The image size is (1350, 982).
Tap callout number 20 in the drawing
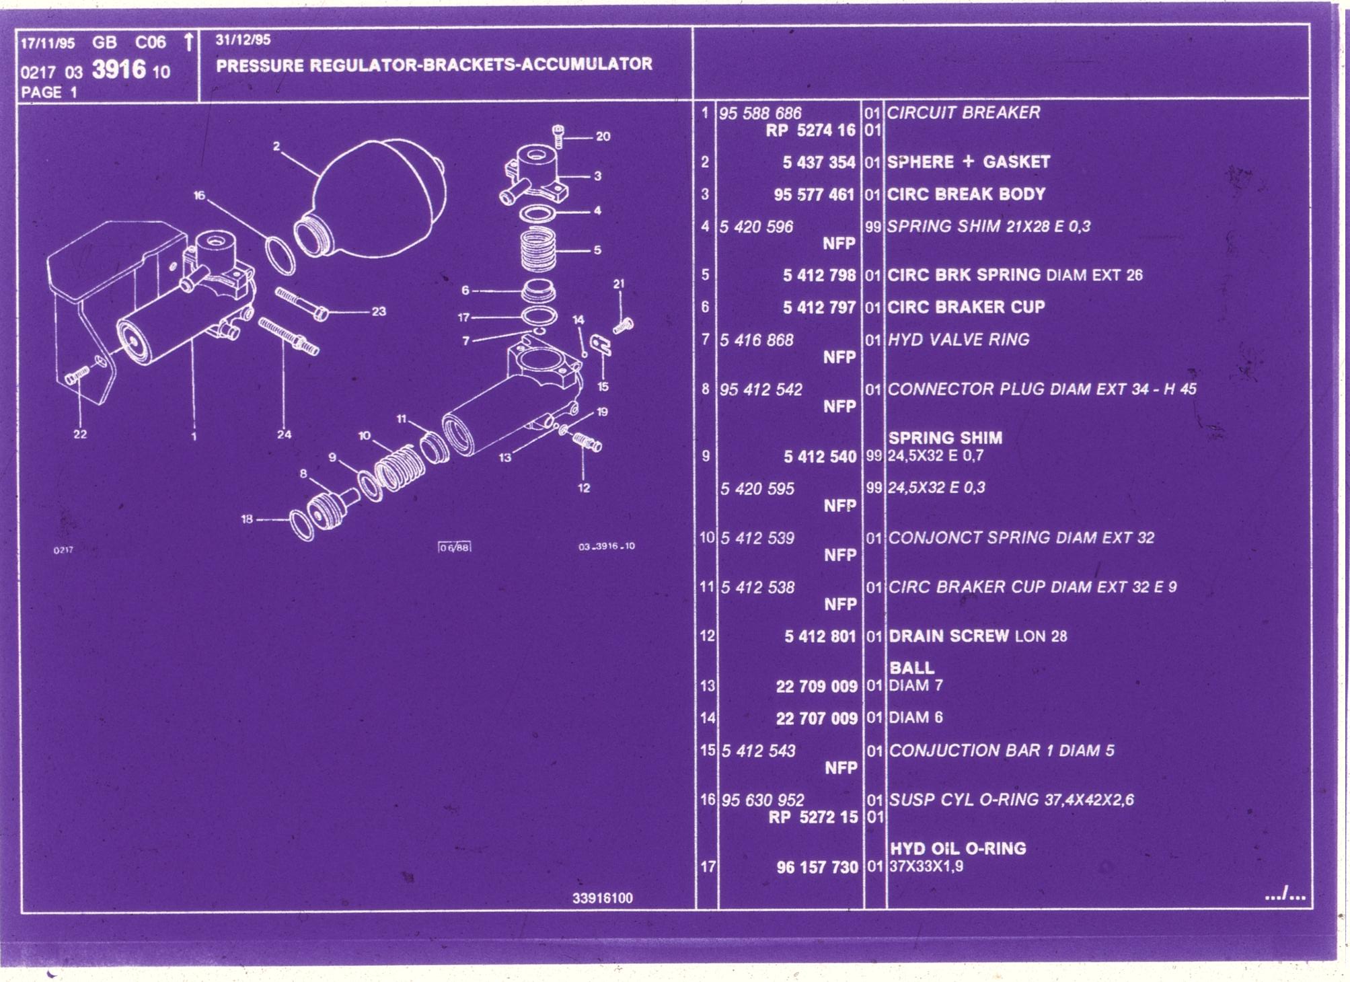[603, 137]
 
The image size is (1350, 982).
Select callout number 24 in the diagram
[285, 435]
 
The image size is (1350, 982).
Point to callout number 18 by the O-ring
[247, 519]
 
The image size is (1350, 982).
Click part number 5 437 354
[819, 163]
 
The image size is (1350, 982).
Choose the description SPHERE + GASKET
[968, 162]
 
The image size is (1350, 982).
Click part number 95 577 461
[814, 195]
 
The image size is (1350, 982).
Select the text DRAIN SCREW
[948, 636]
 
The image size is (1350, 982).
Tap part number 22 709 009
[817, 686]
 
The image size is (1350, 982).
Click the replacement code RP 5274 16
[811, 130]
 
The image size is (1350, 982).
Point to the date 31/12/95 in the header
[243, 40]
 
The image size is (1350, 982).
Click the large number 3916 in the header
[119, 69]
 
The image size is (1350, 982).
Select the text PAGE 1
[49, 92]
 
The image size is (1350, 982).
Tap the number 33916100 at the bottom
[603, 898]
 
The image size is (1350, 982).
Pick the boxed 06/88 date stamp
[455, 547]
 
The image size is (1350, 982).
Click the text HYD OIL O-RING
[958, 848]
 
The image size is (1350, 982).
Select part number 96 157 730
[817, 867]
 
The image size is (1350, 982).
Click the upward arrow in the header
[189, 42]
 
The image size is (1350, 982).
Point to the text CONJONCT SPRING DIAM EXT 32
[1021, 537]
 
